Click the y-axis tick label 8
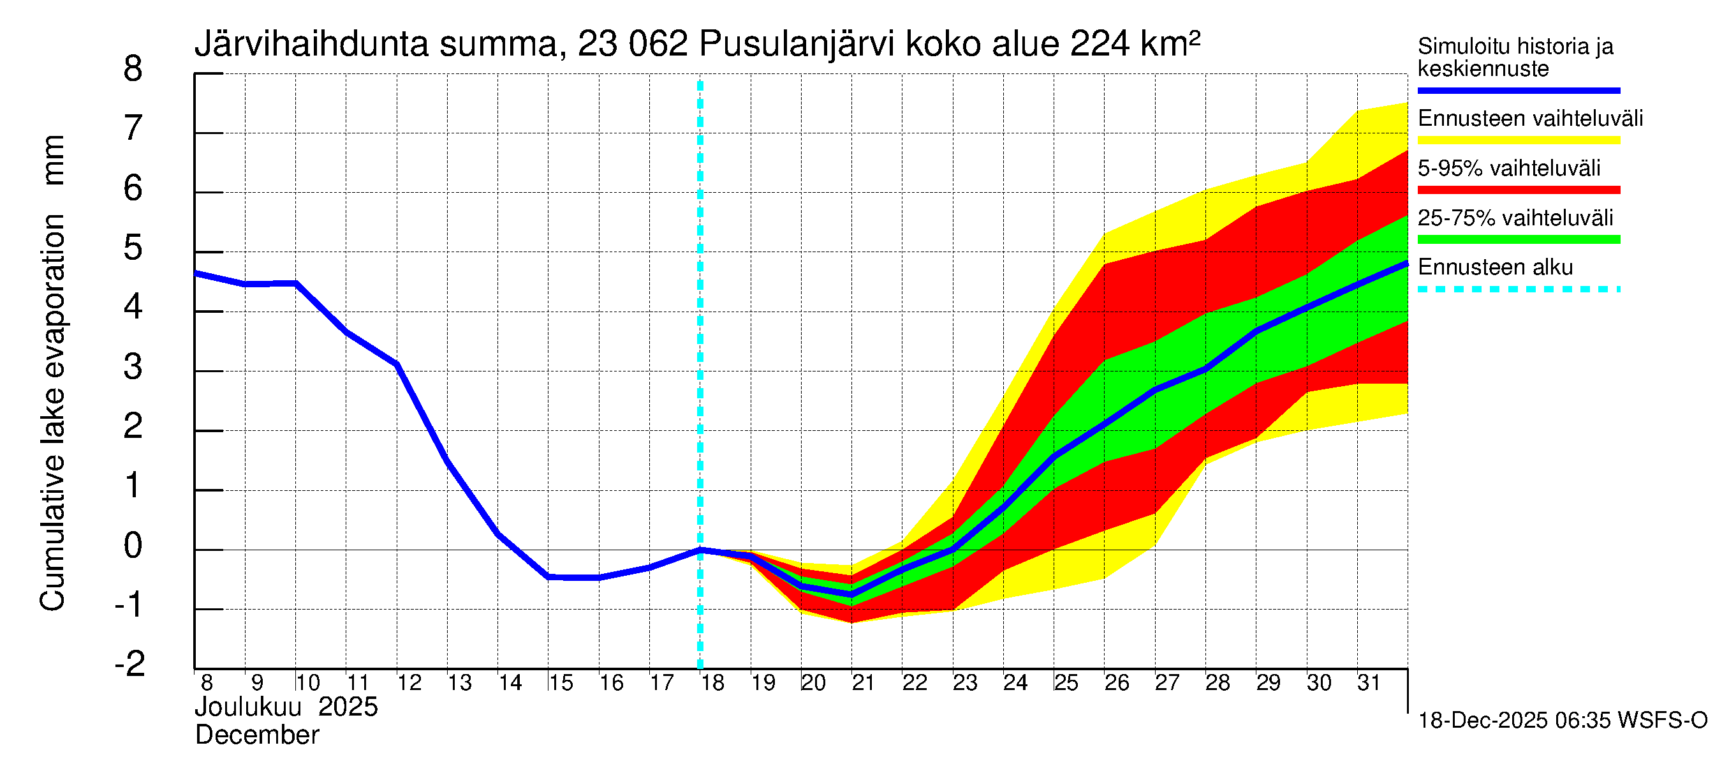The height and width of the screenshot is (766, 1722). (133, 69)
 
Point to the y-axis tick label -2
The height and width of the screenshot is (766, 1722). (129, 664)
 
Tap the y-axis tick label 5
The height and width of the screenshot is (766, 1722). (133, 248)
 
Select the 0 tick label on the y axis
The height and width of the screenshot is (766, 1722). (133, 545)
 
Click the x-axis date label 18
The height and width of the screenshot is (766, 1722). (712, 683)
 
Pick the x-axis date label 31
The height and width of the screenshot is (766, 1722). (1369, 683)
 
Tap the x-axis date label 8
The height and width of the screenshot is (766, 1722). (207, 683)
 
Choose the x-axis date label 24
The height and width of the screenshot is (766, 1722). (1015, 683)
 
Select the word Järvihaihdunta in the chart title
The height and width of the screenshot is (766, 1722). (311, 44)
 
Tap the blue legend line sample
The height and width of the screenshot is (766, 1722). (1519, 90)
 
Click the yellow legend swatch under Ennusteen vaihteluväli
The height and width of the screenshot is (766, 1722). (1519, 140)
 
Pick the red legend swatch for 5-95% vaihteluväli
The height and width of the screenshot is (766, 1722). (1519, 190)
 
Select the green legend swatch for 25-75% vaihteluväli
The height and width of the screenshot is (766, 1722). (1519, 239)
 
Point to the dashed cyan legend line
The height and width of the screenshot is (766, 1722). (1519, 290)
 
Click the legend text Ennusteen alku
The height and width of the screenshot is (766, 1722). (1496, 267)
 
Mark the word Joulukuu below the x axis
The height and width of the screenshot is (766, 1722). (248, 707)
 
